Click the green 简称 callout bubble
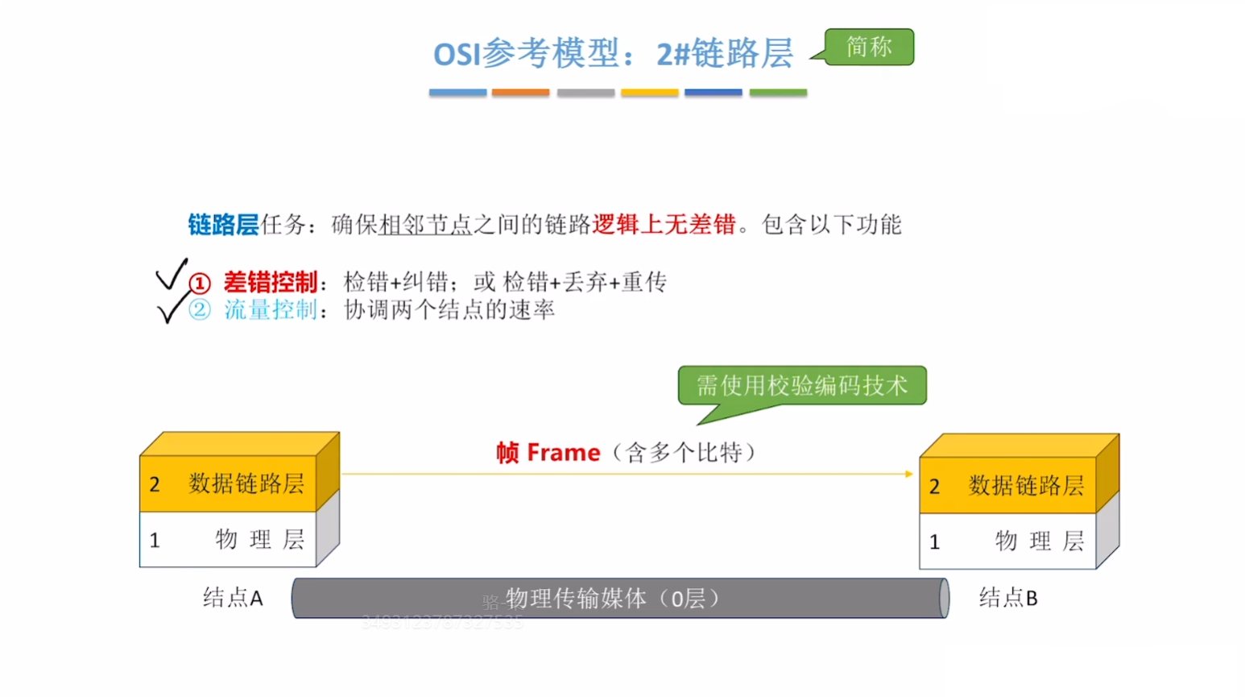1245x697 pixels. [869, 47]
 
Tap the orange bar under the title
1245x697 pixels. [520, 93]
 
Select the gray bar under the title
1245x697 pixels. [585, 93]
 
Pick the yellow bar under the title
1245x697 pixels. [649, 93]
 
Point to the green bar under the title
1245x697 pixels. [778, 93]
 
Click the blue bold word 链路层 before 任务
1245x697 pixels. [223, 225]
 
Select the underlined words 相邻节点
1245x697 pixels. [425, 225]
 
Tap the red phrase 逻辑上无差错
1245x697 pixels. [664, 225]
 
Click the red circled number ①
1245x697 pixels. [200, 283]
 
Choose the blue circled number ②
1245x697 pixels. [200, 310]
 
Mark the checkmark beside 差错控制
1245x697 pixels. [172, 275]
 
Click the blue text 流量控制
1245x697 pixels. [271, 310]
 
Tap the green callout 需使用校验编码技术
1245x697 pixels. [802, 385]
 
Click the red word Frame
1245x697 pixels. [564, 453]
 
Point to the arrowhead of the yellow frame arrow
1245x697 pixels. [909, 474]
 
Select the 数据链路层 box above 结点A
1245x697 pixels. [229, 483]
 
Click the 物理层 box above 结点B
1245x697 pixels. [1007, 541]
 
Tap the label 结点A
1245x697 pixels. [233, 598]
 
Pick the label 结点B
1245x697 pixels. [1008, 598]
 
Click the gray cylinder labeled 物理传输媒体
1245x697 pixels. [620, 599]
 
